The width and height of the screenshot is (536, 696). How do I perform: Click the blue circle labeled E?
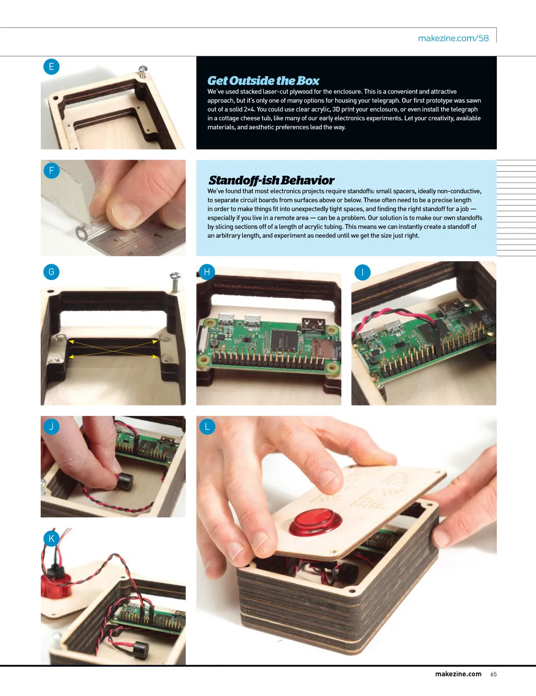51,66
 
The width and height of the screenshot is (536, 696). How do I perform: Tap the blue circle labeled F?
51,171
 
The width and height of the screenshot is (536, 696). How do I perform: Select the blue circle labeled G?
51,272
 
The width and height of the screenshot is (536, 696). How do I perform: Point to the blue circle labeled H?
207,272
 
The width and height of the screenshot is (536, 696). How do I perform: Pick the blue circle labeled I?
363,272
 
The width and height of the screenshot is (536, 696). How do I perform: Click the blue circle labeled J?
51,426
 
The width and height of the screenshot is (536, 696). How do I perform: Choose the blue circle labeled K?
51,538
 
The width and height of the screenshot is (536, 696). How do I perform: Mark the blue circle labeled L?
207,426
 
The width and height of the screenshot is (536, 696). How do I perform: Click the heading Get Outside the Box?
263,81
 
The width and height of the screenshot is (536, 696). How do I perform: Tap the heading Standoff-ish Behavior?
271,181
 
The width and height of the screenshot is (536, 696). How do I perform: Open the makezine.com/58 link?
453,38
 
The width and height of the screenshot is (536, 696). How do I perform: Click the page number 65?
494,674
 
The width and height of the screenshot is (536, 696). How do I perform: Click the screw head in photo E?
143,69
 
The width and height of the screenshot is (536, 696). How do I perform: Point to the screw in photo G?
175,282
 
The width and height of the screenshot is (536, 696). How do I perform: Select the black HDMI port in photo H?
314,325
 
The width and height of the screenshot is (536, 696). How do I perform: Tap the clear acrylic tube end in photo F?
82,233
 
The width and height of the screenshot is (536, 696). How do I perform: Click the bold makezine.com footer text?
458,674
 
